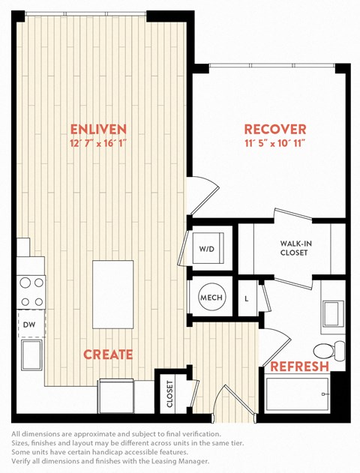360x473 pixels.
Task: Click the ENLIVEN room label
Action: click(98, 130)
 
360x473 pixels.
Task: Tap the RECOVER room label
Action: click(275, 130)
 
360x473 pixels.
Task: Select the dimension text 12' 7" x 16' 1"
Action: click(97, 143)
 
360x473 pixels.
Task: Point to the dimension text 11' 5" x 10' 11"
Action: click(275, 143)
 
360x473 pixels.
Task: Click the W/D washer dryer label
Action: click(207, 249)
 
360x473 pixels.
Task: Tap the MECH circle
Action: click(211, 298)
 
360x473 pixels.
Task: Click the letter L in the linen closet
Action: click(247, 299)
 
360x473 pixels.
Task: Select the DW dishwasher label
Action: click(29, 325)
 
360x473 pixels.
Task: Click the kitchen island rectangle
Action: click(112, 295)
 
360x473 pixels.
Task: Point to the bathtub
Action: click(297, 394)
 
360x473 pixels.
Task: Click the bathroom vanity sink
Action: click(334, 313)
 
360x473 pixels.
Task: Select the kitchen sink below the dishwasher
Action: click(31, 355)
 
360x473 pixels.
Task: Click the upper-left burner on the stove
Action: click(25, 283)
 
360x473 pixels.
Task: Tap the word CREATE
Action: click(108, 355)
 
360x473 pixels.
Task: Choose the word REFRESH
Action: click(299, 367)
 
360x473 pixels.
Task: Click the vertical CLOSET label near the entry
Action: click(170, 394)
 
